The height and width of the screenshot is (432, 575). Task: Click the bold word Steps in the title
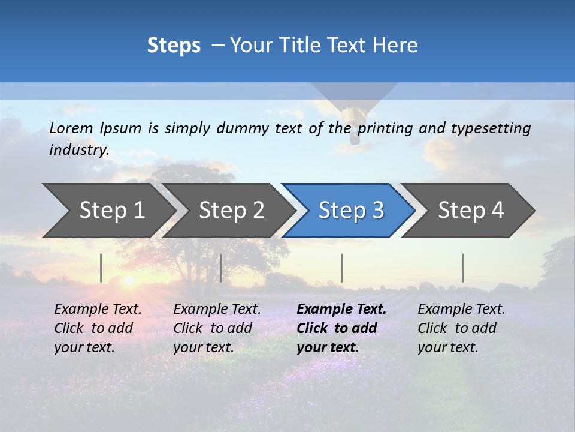[x=174, y=46]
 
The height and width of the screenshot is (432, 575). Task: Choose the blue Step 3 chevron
[x=351, y=211]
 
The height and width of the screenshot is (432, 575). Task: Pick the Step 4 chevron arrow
[x=471, y=211]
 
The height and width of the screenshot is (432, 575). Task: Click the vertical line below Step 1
[x=101, y=268]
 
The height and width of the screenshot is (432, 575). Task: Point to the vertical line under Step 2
[x=221, y=268]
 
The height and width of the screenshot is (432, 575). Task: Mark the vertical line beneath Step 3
[x=341, y=268]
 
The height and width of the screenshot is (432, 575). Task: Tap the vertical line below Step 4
[x=462, y=268]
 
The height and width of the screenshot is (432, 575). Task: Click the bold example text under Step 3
[x=341, y=328]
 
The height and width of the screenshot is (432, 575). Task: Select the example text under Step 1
[x=98, y=328]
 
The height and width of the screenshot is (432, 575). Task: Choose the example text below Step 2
[x=217, y=328]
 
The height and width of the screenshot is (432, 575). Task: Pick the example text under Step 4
[x=461, y=328]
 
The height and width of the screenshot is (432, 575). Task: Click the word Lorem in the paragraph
[x=71, y=128]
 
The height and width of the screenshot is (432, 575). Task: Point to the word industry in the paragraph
[x=79, y=150]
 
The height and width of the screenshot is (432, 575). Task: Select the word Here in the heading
[x=398, y=46]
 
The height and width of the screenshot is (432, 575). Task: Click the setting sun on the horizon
[x=128, y=280]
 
